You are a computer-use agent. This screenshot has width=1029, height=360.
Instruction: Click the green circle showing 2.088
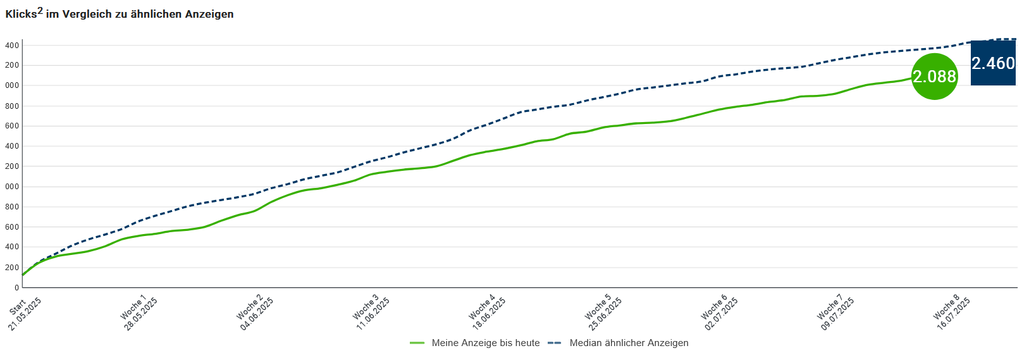tap(934, 77)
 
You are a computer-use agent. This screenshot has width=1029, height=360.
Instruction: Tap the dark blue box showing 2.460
tap(993, 63)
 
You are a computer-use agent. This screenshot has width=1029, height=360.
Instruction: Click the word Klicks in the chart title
tap(21, 15)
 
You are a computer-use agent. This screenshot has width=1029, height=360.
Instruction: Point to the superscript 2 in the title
tap(40, 10)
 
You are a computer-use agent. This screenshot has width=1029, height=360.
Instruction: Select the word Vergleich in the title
tap(87, 15)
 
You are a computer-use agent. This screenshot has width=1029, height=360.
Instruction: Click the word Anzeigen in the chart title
tap(209, 15)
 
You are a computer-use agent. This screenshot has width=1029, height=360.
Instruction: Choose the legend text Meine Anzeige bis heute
tap(485, 343)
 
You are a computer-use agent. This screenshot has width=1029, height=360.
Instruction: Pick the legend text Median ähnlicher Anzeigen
tap(629, 343)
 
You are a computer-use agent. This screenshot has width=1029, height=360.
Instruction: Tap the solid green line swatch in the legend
tap(417, 343)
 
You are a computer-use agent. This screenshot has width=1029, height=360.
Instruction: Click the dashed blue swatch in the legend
tap(555, 343)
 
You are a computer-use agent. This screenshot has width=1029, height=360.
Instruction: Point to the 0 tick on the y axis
tap(16, 288)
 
